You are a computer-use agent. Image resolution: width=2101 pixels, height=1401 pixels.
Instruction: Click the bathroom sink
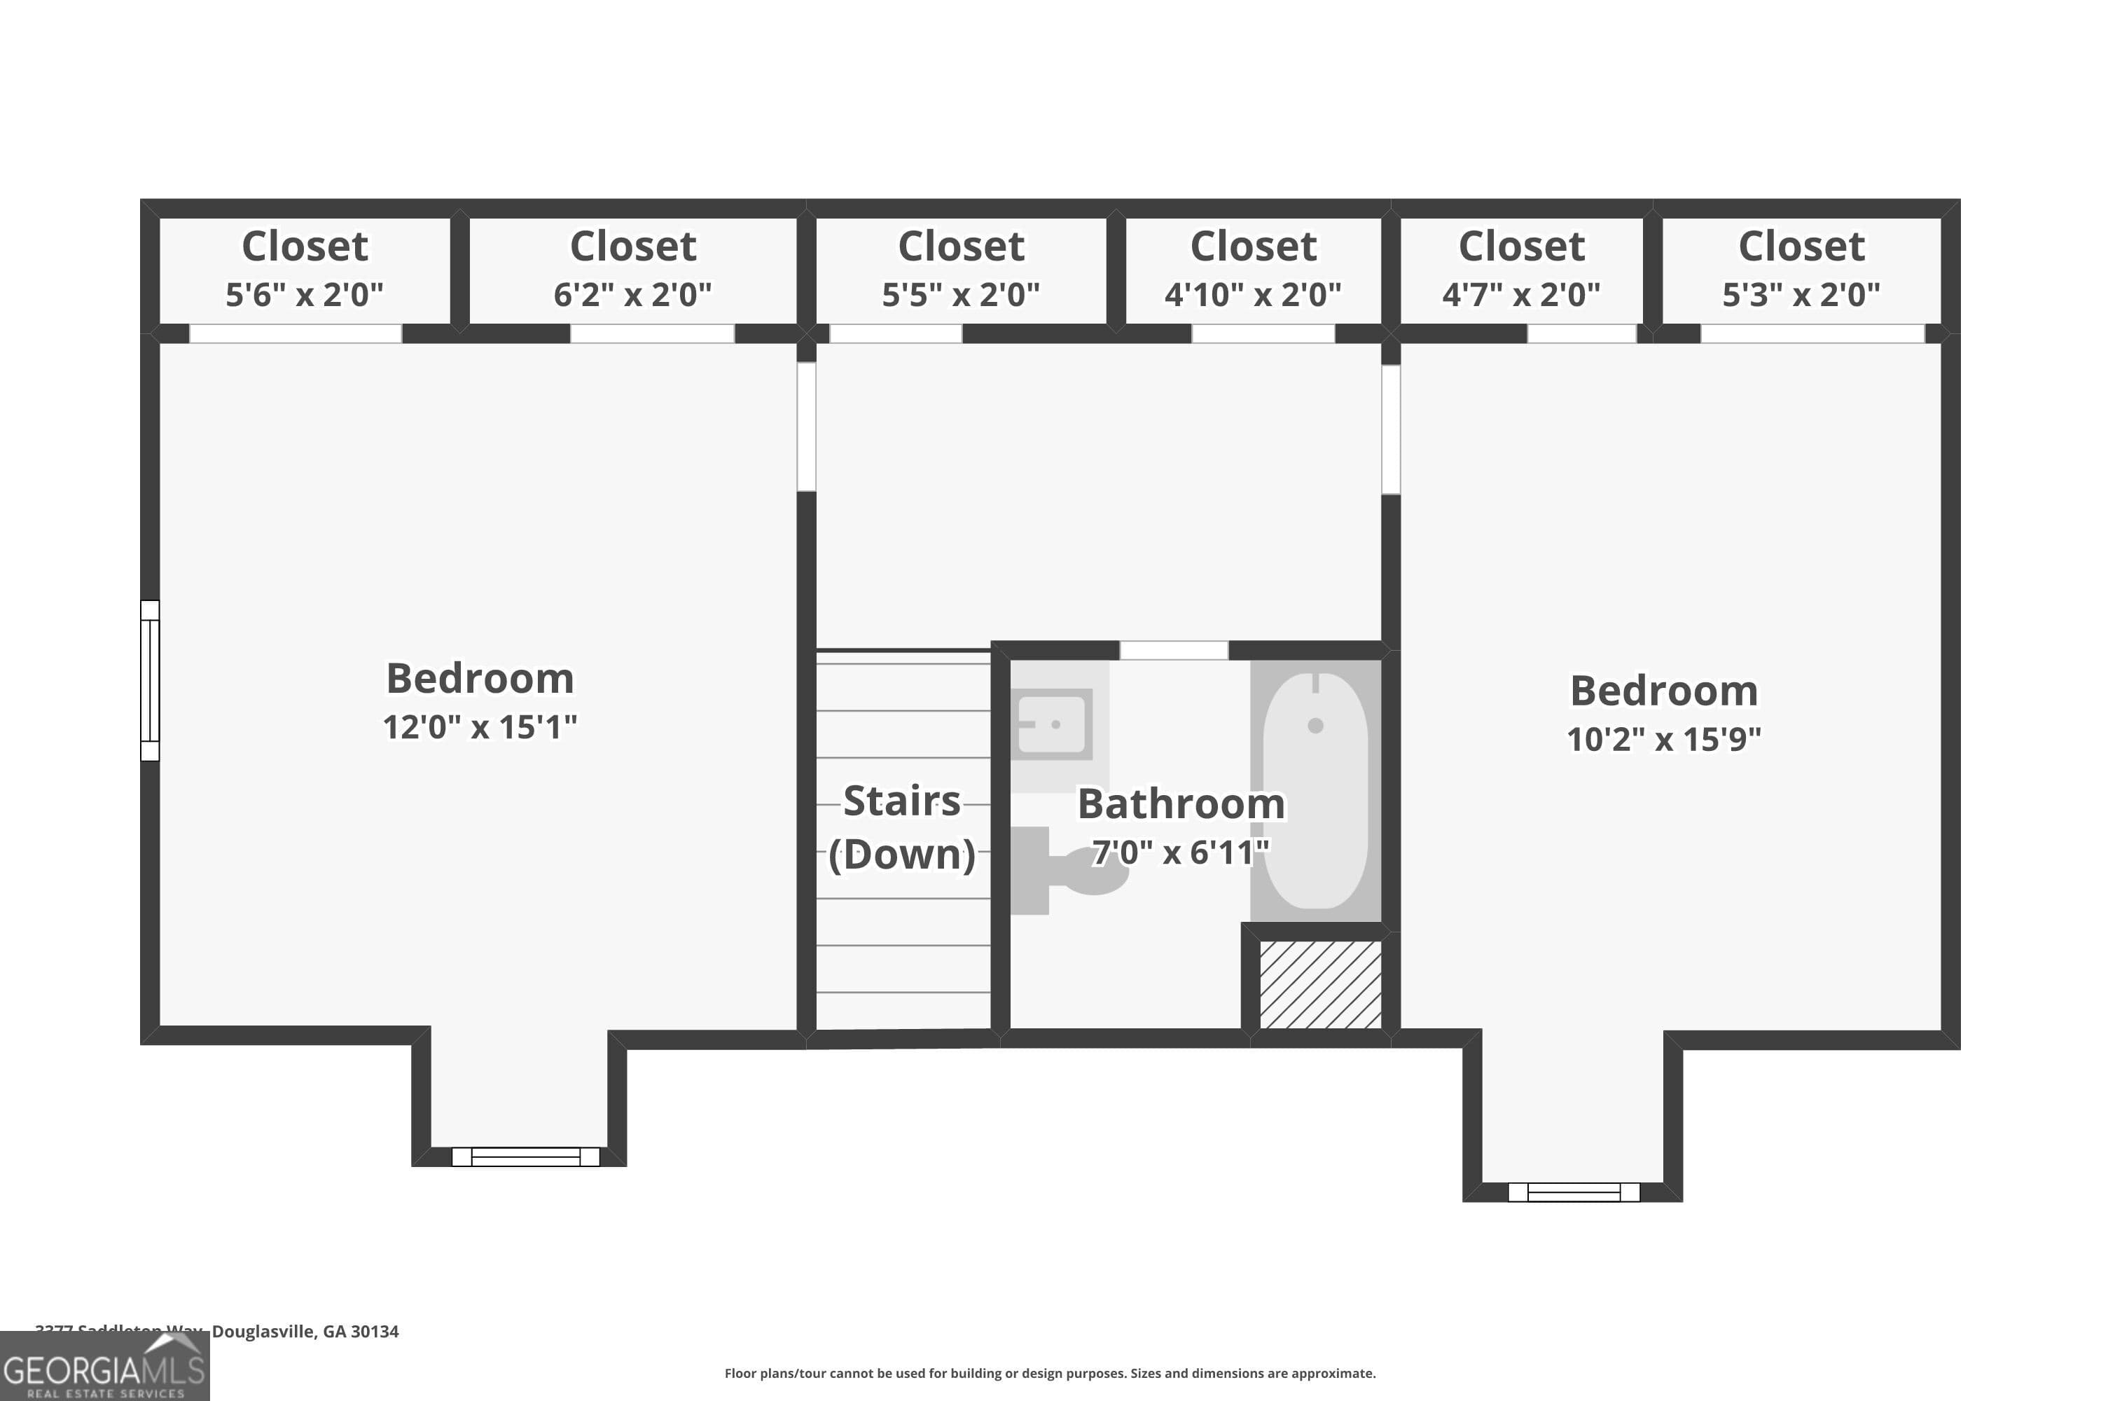(1054, 724)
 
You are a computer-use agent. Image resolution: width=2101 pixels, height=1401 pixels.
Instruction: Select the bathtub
(1315, 790)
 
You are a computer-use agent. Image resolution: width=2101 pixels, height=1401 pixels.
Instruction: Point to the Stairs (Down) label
(902, 827)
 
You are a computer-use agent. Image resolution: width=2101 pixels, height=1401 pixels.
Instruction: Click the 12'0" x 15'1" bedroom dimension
(480, 727)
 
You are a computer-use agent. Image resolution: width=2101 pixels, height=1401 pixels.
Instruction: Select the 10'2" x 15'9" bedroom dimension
(1663, 740)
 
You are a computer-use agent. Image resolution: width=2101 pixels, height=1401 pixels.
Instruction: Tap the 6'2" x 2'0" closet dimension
(632, 295)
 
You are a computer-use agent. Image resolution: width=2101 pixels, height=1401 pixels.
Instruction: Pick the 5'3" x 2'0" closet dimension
(1801, 295)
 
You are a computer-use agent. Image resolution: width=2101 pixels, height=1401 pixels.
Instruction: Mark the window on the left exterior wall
(150, 680)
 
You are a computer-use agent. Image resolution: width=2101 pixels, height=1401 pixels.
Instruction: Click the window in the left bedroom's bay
(525, 1157)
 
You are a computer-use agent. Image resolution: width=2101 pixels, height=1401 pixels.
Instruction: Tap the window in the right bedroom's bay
(1573, 1192)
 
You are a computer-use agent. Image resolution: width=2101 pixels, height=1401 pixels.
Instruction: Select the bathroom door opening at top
(1174, 651)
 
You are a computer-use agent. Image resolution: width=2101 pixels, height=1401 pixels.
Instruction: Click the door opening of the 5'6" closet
(296, 333)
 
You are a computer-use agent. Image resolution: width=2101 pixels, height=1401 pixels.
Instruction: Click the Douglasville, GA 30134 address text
(305, 1332)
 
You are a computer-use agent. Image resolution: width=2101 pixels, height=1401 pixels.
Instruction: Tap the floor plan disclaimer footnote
(1050, 1373)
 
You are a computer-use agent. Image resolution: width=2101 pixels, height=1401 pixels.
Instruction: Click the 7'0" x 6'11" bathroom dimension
(1180, 853)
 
